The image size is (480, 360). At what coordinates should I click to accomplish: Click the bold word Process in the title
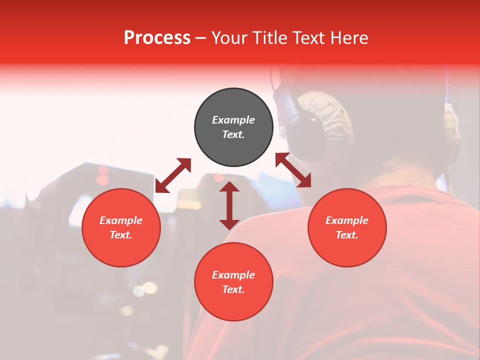point(157,38)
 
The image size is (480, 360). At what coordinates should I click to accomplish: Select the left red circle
point(121,227)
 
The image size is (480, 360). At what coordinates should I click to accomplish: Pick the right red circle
point(347,227)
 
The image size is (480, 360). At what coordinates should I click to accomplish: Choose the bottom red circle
point(233,281)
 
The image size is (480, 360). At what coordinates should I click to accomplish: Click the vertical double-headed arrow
point(229,205)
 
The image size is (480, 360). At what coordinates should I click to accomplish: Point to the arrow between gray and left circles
point(173,175)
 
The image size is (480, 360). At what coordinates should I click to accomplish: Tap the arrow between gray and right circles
point(293,170)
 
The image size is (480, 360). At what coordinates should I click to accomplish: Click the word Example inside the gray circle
point(233,120)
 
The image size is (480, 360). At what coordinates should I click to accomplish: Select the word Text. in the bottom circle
point(233,289)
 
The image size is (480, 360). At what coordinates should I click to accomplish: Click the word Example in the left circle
point(121,220)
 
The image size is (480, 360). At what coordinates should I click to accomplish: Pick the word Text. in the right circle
point(347,235)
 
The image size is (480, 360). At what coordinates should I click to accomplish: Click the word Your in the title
point(228,38)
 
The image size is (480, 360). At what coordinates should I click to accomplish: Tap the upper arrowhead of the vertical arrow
point(229,186)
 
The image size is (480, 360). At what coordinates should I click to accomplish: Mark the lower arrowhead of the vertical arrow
point(229,224)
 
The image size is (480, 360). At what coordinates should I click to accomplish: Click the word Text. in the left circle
point(121,235)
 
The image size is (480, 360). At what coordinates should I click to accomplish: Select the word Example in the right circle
point(347,220)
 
